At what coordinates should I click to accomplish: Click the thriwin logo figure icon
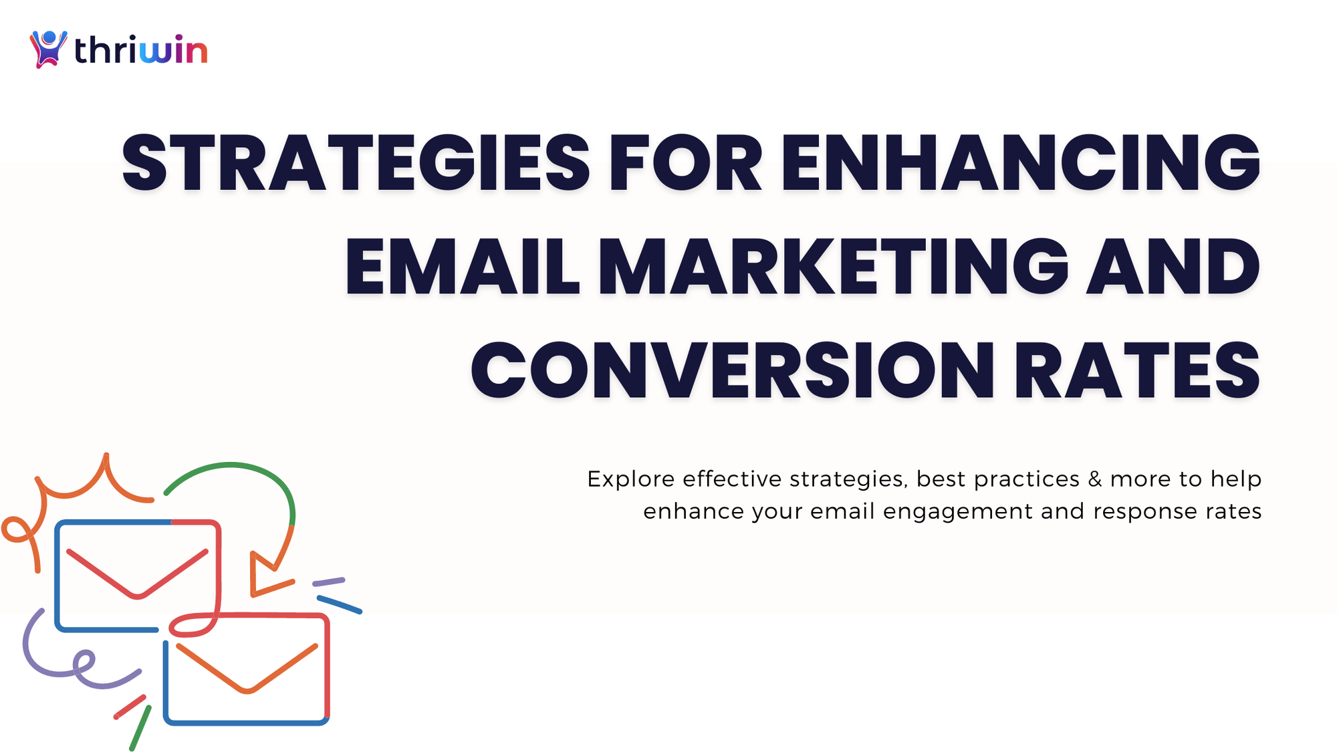click(48, 49)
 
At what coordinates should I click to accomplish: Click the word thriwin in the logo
click(140, 50)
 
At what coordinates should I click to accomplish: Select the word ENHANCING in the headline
click(1020, 163)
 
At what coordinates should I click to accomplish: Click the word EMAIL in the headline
click(462, 267)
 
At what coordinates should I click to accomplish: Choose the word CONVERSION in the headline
click(733, 370)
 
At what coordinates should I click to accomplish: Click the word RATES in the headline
click(1136, 370)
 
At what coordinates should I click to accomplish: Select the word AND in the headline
click(1173, 267)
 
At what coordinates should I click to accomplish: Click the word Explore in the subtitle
click(630, 479)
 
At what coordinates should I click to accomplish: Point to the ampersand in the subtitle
click(1095, 479)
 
